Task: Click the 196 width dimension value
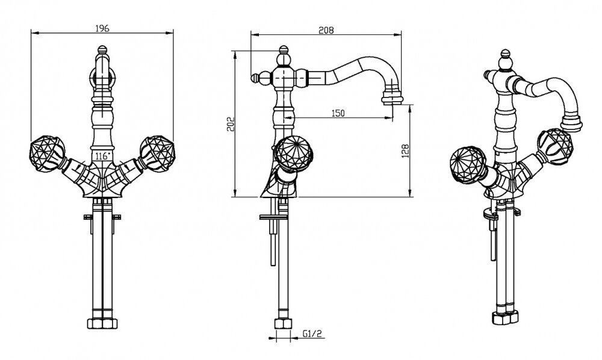click(x=102, y=28)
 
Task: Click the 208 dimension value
click(x=326, y=30)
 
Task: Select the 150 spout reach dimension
click(x=338, y=113)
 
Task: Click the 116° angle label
click(x=102, y=156)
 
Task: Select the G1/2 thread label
click(x=312, y=334)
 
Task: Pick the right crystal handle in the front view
click(x=157, y=152)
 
